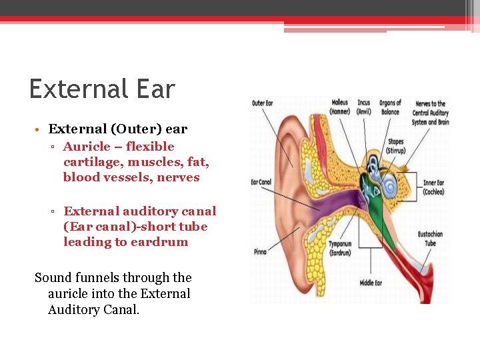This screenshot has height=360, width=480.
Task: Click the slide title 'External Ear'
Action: click(x=102, y=89)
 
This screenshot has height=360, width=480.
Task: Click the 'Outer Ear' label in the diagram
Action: click(x=263, y=103)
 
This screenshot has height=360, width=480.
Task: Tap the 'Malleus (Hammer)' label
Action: click(x=340, y=107)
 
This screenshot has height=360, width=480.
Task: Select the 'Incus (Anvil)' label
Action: click(x=364, y=107)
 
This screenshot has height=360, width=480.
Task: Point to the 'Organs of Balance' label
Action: click(x=390, y=107)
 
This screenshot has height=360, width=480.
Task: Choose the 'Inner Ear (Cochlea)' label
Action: click(x=433, y=187)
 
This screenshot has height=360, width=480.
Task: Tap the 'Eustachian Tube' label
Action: click(x=431, y=239)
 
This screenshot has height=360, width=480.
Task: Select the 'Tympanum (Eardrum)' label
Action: click(x=340, y=248)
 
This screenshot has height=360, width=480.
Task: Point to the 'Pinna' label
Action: click(x=260, y=251)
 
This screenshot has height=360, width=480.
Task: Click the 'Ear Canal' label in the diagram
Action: click(x=261, y=182)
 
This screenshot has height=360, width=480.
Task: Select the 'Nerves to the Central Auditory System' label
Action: click(x=430, y=113)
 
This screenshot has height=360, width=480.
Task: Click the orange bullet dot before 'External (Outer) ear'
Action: click(x=40, y=129)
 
